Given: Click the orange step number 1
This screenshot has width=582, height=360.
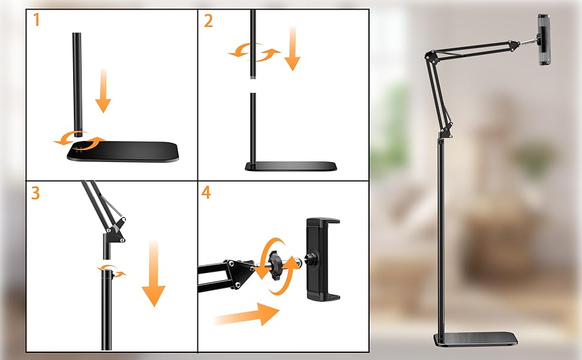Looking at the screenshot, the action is point(37,20).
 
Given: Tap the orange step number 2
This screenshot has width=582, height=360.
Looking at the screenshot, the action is point(208,21).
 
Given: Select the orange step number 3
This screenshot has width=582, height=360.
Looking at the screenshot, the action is point(35,193).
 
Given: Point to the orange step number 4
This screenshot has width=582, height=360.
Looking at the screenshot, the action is point(206,192).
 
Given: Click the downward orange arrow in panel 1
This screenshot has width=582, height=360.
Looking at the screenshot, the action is point(103,90).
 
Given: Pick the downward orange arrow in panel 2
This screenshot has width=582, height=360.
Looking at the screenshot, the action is point(292,48).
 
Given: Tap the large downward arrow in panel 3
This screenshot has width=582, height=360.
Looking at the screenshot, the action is point(154,273).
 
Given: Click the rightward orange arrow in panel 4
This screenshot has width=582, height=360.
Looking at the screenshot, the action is point(247,314).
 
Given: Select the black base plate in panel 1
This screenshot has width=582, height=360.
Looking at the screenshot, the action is point(123,151).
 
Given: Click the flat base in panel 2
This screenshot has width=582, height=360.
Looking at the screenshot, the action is point(291,166).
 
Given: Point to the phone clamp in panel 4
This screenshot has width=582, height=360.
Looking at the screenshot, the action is point(322,259).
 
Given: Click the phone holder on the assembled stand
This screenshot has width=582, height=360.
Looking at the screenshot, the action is point(544,40).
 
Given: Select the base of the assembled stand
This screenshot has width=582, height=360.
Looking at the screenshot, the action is point(475,339).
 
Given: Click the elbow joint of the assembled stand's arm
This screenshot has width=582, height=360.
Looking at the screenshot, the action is point(431,55).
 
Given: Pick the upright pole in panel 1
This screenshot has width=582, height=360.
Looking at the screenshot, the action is point(77,85).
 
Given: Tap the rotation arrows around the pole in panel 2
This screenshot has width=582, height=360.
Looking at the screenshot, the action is point(254,52).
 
